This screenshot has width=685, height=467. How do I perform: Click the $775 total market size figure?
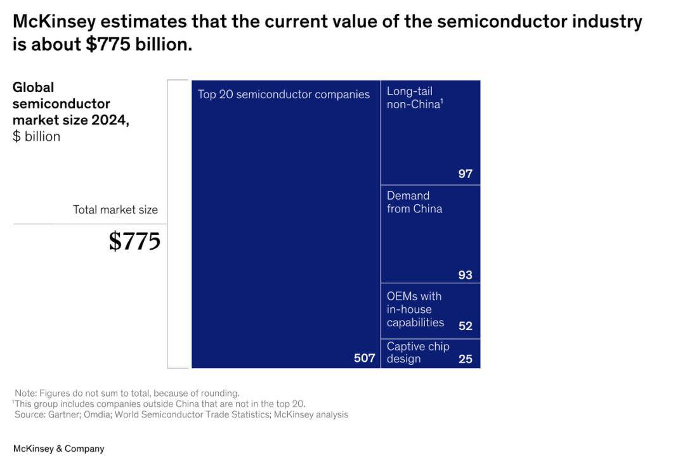pos(134,241)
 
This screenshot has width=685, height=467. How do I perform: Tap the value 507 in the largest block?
pos(364,359)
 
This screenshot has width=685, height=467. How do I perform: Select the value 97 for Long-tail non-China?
pos(466,174)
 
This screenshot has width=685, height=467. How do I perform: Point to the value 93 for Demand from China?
pos(466,275)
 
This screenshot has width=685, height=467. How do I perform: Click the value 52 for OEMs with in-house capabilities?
pos(466,326)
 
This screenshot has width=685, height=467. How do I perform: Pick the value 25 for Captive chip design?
pos(466,359)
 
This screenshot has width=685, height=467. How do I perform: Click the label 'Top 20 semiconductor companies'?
pos(284,94)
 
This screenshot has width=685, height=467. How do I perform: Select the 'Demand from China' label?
pos(414,202)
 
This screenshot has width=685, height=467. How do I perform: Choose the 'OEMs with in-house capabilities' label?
pos(415,309)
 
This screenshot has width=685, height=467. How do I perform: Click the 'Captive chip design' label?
pos(417,352)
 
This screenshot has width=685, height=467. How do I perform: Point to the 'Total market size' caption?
pos(115,210)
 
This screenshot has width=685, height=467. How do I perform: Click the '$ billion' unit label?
pos(36,137)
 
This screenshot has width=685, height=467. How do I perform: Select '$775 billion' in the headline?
pos(138,45)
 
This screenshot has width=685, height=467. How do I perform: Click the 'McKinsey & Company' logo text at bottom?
pos(58,449)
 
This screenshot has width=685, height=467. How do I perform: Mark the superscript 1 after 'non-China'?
pos(441,99)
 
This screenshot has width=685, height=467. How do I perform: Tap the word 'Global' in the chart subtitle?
pos(33,87)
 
